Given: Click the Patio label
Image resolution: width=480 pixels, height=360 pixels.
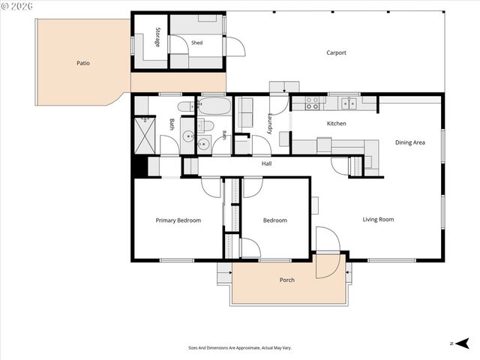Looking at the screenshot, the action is pos(83,63).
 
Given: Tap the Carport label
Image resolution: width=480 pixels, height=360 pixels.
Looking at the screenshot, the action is pos(336,52).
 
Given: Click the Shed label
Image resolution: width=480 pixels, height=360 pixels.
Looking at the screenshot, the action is pos(196,43).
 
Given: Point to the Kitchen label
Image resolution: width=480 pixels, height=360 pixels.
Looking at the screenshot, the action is pos(337,123).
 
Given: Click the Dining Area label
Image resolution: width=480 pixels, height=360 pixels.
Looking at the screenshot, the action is pos(410,142).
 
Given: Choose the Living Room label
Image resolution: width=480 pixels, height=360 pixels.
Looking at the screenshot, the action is pos(378,219).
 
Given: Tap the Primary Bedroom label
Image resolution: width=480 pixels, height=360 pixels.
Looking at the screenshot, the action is pos(178,220).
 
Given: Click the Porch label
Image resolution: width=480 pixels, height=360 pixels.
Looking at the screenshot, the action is pos(286,280).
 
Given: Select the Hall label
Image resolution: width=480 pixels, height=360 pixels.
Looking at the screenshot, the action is pos(267,163).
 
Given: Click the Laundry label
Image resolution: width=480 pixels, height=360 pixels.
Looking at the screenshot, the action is pos(270,124).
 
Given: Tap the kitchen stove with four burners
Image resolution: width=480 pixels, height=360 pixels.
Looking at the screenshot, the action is pos(312,103).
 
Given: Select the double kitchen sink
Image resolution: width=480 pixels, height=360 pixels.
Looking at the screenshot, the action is pos(349,103).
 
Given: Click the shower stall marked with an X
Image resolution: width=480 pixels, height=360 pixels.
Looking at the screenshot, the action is pos(145,135).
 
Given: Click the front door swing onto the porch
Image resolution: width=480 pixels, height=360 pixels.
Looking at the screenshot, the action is pos(328,266).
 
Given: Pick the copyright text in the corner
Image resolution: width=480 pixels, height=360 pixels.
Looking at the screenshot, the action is pos(16,6).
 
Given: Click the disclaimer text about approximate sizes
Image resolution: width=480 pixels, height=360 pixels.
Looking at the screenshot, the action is pos(240,348).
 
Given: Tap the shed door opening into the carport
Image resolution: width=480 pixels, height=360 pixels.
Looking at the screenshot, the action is pos(235,46).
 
